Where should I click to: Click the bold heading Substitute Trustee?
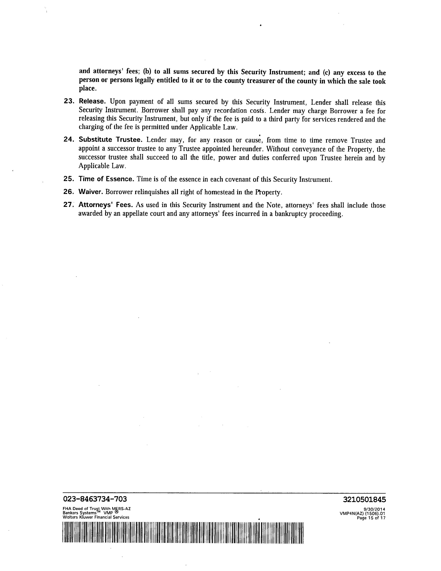click(x=111, y=140)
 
